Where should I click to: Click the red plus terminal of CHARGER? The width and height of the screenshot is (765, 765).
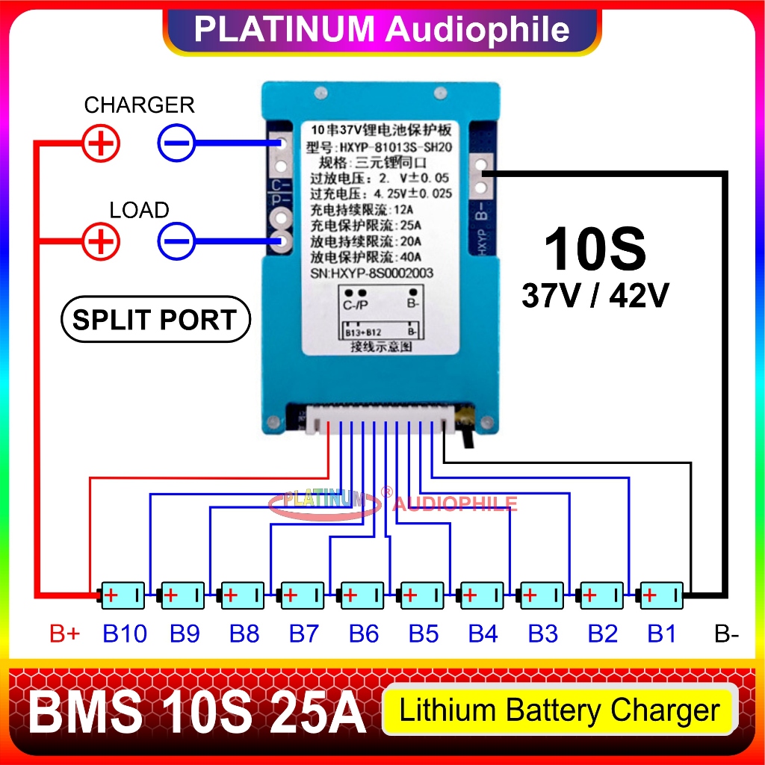coord(101,142)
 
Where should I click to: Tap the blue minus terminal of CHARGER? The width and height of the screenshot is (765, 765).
coord(176,142)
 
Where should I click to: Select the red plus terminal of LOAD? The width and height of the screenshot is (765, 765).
coord(101,241)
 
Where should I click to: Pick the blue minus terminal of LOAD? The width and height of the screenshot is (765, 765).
coord(176,241)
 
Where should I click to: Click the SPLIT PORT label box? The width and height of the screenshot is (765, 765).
coord(155,320)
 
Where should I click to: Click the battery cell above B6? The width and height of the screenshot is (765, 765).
coord(362,595)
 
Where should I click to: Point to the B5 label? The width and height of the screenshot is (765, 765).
coord(423,634)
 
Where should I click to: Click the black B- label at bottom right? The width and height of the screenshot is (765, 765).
coord(726,634)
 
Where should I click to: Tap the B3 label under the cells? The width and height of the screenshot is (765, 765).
coord(542,634)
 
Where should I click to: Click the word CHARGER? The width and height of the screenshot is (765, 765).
coord(139,105)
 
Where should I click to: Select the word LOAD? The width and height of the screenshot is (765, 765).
coord(139,211)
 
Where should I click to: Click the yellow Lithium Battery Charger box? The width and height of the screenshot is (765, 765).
coord(560,710)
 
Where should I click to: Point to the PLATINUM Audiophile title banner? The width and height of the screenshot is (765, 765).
coord(382,30)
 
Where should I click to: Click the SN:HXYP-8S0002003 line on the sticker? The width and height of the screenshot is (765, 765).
coord(371,273)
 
